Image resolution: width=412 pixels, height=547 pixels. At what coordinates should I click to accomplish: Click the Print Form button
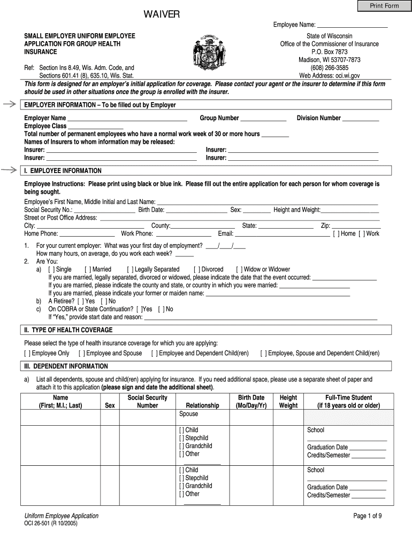(x=385, y=6)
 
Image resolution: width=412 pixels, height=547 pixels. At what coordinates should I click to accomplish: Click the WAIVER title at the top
(x=161, y=14)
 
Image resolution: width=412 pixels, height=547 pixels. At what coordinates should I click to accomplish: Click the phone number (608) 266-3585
(x=329, y=68)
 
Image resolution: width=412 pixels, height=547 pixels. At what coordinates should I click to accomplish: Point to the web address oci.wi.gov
(x=329, y=76)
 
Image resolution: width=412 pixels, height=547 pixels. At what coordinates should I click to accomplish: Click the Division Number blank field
(x=361, y=119)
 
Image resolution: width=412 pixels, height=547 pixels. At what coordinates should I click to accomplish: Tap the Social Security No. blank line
(x=104, y=210)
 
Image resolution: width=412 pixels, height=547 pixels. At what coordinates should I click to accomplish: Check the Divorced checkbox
(x=196, y=269)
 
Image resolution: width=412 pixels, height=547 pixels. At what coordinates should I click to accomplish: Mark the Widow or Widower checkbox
(x=239, y=269)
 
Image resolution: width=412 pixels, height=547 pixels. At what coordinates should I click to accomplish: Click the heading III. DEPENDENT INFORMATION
(x=65, y=366)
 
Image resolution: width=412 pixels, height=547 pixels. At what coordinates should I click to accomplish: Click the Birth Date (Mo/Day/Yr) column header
(x=251, y=402)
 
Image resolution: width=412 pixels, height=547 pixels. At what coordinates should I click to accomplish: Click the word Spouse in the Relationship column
(x=188, y=414)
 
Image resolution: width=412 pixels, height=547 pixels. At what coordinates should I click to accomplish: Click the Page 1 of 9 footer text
(x=367, y=515)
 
